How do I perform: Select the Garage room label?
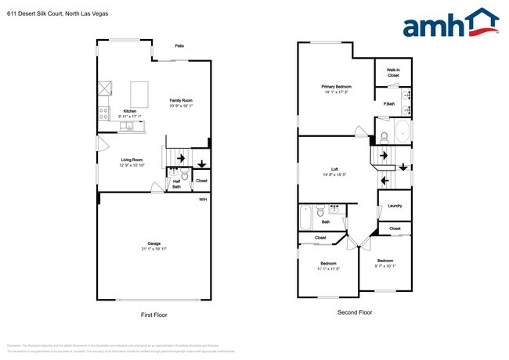(154, 246)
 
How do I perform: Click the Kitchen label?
(130, 111)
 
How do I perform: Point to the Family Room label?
(182, 101)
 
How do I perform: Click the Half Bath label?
(177, 184)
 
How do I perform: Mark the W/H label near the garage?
(202, 200)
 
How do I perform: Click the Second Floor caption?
(356, 311)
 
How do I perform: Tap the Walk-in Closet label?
(393, 72)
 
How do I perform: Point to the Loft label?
(334, 169)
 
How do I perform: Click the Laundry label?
(395, 206)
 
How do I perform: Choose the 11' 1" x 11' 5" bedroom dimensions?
(329, 268)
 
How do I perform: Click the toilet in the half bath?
(185, 175)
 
